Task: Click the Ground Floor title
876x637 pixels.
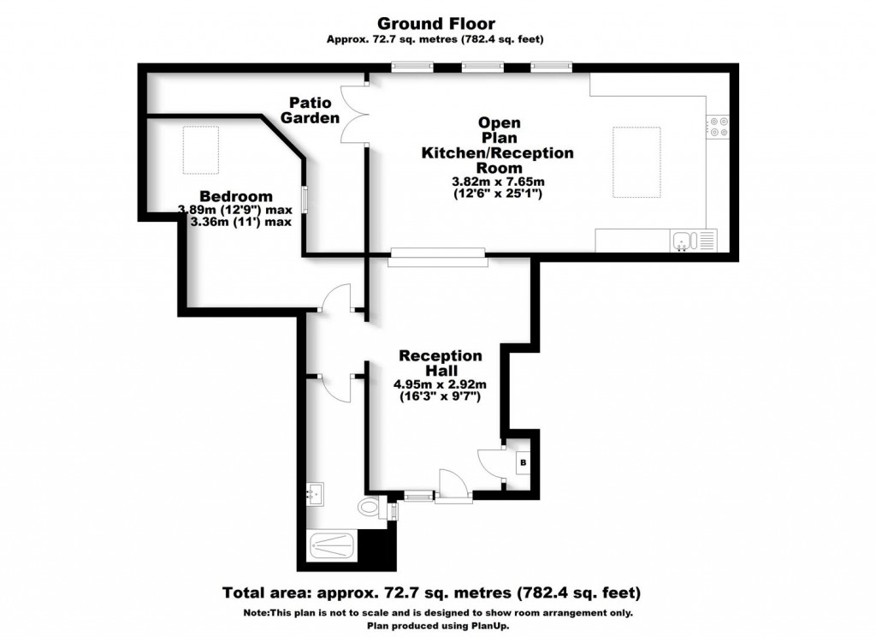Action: point(435,23)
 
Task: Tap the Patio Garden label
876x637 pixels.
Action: point(310,110)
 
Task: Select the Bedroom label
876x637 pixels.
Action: point(236,196)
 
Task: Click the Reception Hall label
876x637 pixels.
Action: point(441,363)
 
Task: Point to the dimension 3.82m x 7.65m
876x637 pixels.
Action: point(498,182)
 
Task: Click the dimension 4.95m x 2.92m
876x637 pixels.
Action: point(441,384)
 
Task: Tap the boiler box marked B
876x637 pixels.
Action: point(524,462)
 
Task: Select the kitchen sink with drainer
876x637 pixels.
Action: point(693,241)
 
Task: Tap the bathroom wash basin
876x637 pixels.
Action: point(315,494)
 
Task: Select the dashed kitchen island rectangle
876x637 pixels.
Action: point(636,162)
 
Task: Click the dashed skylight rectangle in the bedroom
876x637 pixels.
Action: point(201,150)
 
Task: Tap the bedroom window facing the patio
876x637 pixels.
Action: point(305,199)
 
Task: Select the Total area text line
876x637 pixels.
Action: point(431,592)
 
